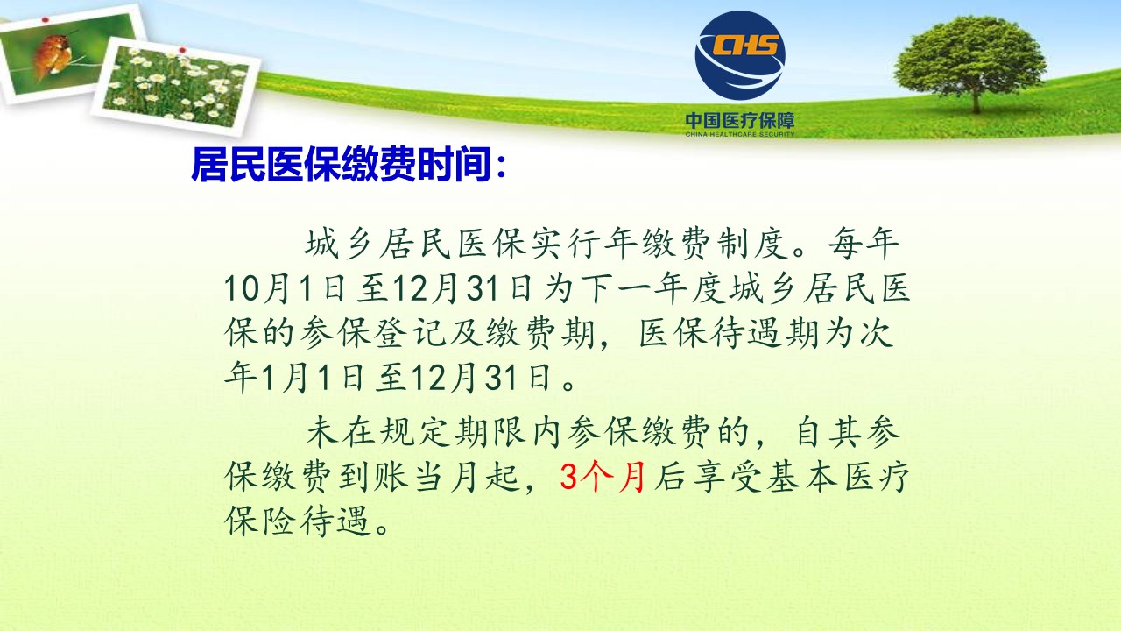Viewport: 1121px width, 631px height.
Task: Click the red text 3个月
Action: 603,477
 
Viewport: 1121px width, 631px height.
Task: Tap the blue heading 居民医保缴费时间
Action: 341,164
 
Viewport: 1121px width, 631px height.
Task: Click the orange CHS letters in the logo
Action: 745,45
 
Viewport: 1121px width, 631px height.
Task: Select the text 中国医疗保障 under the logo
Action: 740,121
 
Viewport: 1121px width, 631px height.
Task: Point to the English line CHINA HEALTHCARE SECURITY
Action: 740,134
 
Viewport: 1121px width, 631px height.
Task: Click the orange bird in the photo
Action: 52,55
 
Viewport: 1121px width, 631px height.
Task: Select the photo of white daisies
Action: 175,85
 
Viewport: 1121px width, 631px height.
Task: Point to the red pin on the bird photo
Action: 45,20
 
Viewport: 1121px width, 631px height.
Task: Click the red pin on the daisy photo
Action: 182,50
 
